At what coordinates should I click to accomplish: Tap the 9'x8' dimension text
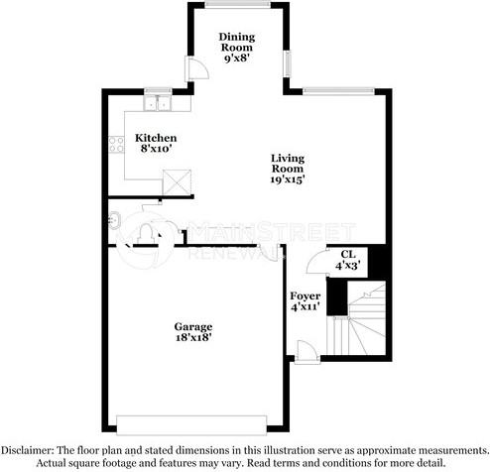(237, 59)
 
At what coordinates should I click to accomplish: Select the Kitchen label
(156, 138)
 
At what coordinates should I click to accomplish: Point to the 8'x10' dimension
(156, 149)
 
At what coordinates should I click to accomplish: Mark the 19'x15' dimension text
(288, 179)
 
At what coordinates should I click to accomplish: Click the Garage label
(193, 326)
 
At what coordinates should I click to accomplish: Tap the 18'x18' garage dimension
(193, 337)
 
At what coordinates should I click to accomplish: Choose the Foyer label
(305, 296)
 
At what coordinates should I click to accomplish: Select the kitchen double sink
(158, 103)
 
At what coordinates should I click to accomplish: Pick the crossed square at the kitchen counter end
(178, 180)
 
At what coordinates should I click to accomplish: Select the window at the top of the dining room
(237, 5)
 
